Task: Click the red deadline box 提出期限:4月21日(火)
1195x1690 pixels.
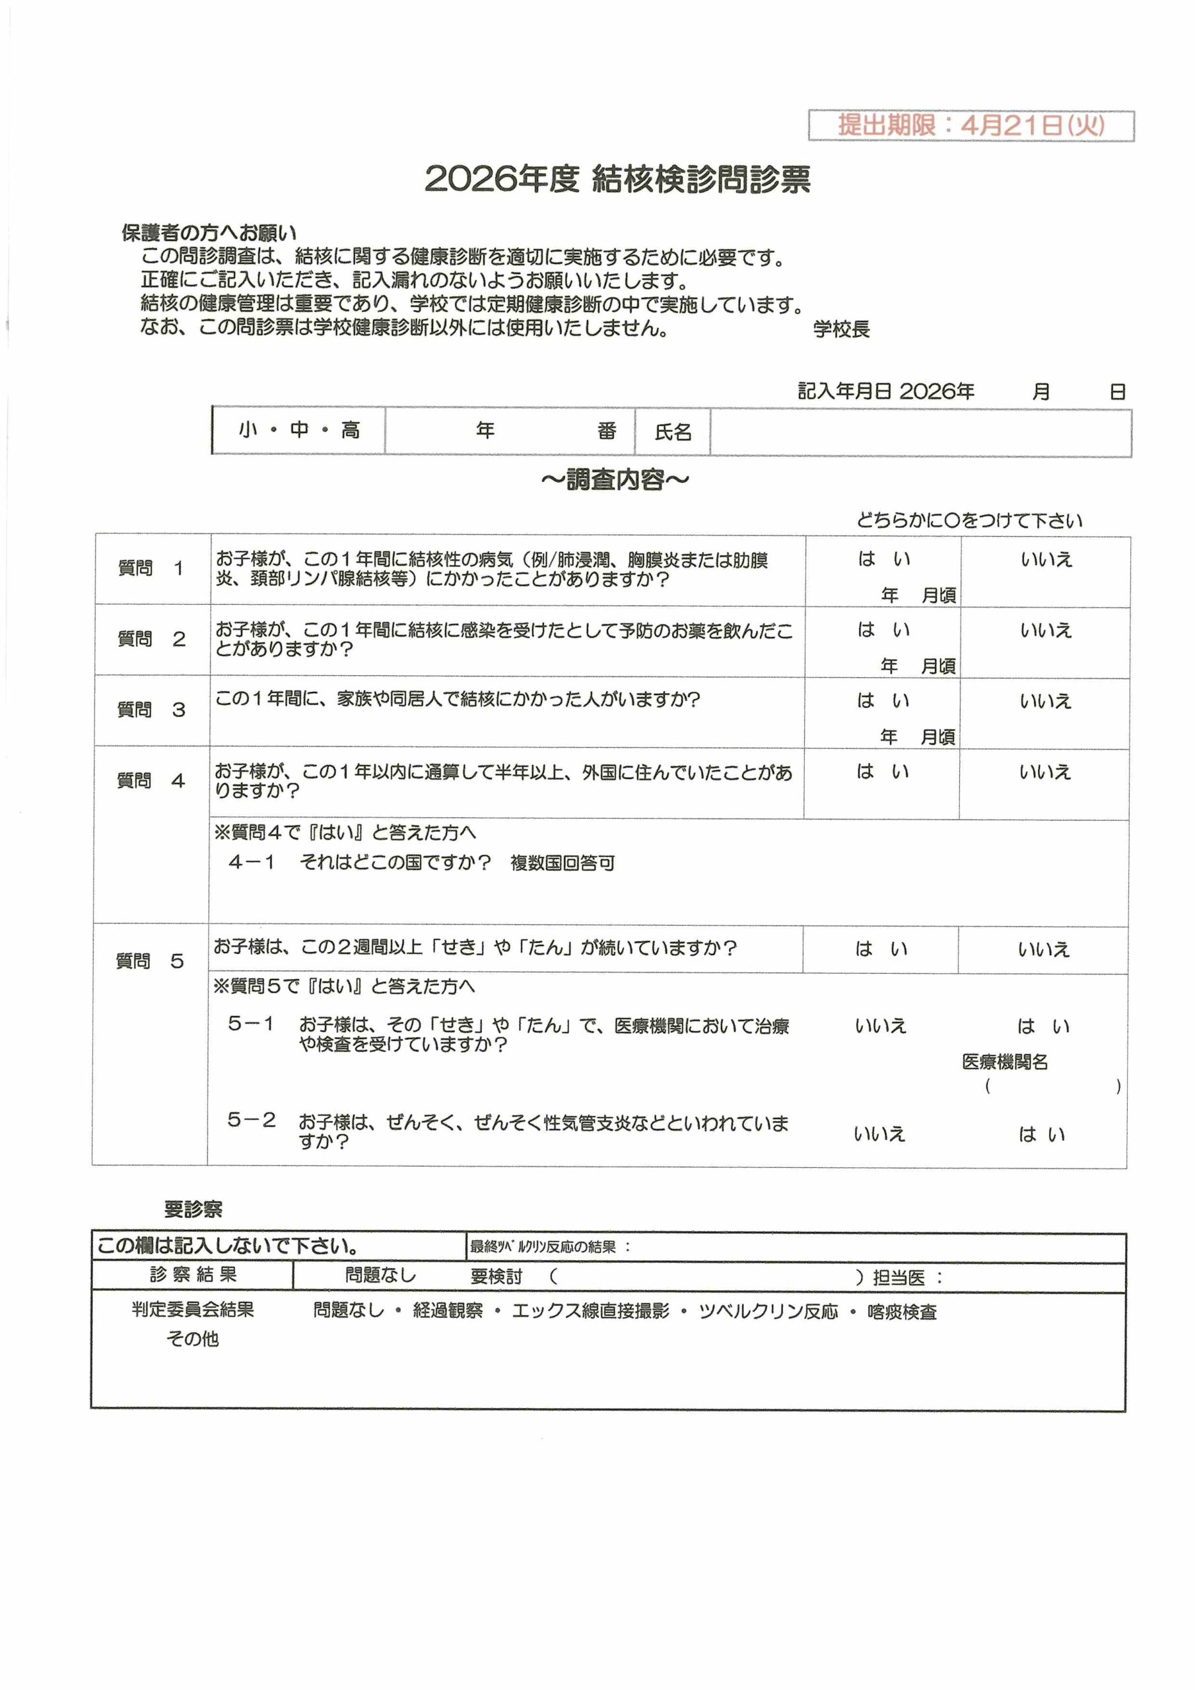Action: click(971, 125)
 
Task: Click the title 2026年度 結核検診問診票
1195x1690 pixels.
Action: click(617, 180)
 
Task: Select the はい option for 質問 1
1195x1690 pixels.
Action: click(883, 559)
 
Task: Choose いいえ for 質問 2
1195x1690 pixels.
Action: click(1046, 630)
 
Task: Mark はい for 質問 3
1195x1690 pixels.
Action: click(883, 700)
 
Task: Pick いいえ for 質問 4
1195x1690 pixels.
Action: click(1044, 772)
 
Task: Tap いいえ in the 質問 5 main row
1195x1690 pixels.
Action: click(1043, 949)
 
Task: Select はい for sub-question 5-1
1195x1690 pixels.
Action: click(1043, 1026)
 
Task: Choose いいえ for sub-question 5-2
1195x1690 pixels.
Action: click(879, 1134)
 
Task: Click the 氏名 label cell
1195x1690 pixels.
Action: click(673, 432)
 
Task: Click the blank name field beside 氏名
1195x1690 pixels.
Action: click(920, 433)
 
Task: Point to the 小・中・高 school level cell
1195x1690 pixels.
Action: click(299, 430)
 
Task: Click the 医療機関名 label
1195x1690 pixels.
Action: click(1004, 1062)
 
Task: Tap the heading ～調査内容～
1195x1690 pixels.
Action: click(615, 480)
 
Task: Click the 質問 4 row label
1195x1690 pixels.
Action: click(151, 780)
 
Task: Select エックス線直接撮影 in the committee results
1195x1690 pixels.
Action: click(590, 1311)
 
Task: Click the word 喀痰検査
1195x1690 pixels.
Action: click(901, 1312)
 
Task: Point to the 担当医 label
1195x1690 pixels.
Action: click(899, 1277)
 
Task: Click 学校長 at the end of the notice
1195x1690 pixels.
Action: click(841, 329)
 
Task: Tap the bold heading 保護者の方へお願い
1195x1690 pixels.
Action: click(209, 233)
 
